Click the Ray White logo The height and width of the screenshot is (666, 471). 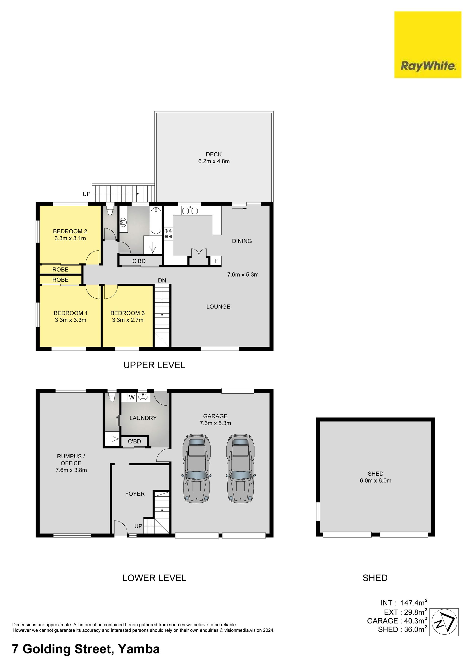point(428,45)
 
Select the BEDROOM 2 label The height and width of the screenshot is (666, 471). point(70,231)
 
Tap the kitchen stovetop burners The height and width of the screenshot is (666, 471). point(169,234)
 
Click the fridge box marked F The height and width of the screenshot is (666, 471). point(216,261)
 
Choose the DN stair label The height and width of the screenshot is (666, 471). point(162,280)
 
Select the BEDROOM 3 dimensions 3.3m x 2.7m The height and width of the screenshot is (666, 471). point(128,320)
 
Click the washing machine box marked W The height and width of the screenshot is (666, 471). point(132,397)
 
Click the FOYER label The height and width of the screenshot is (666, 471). point(135,493)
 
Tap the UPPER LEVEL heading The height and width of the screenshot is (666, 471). point(154,365)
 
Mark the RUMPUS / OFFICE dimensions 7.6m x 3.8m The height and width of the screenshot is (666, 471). point(71,470)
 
